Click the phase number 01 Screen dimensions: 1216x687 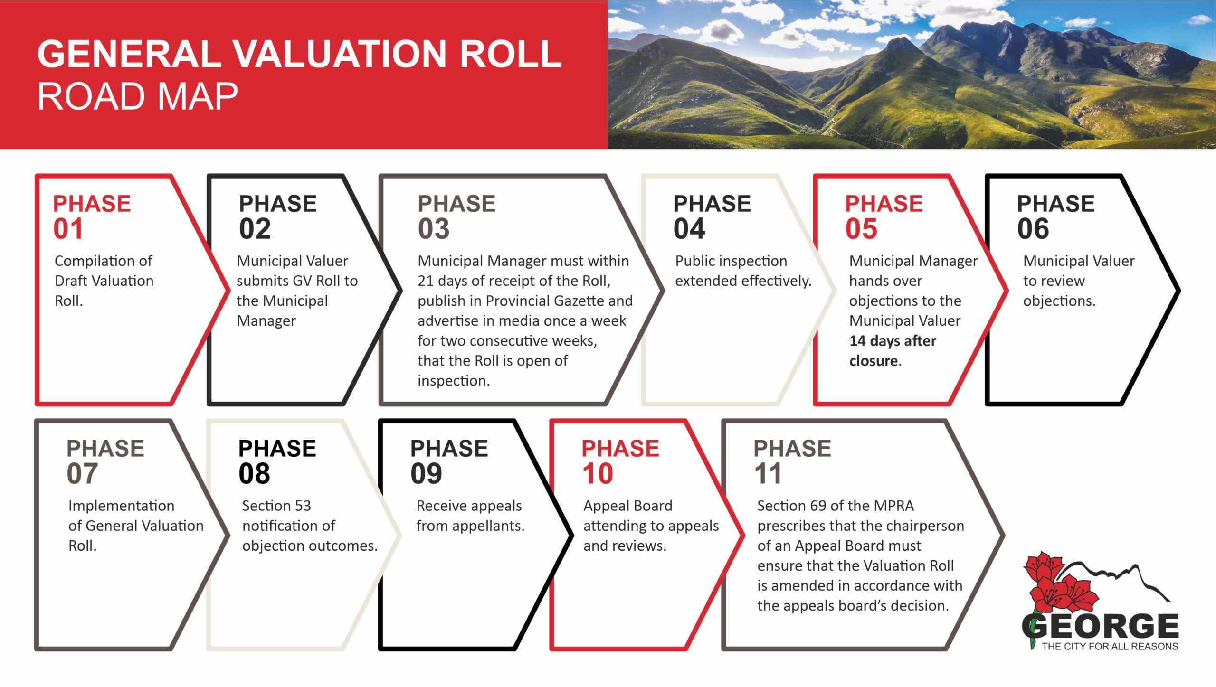pos(68,229)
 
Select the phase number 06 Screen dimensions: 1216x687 pos(1033,229)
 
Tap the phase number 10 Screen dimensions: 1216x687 pos(598,474)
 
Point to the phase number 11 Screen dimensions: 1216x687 pos(768,474)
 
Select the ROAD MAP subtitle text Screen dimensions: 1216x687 pos(137,96)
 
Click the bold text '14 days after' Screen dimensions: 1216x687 pos(893,341)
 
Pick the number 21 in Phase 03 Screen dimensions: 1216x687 pos(426,281)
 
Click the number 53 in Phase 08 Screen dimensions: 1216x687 pos(303,506)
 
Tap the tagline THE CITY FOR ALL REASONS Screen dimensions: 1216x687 pos(1110,646)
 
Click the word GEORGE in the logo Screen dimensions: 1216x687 pos(1100,626)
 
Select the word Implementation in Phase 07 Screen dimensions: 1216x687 pos(122,506)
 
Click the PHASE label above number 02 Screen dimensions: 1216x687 pos(277,204)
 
